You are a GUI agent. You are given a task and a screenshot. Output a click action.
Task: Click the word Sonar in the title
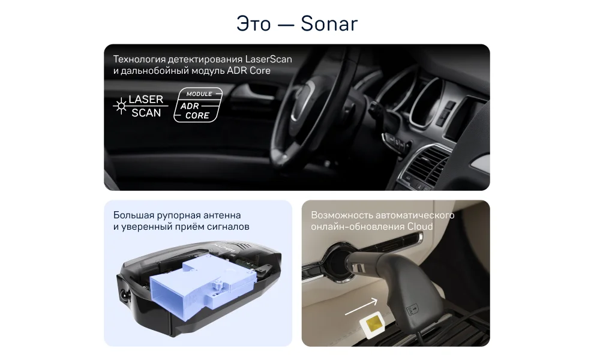coord(329,24)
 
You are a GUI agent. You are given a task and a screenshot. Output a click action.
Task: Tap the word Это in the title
coord(253,24)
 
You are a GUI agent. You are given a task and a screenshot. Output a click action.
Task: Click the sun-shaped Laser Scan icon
coord(121,106)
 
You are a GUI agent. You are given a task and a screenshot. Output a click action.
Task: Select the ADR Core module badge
coord(198,105)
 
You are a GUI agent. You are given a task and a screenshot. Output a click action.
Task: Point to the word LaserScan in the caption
coord(269,59)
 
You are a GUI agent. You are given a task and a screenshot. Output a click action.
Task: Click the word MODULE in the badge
coord(199,94)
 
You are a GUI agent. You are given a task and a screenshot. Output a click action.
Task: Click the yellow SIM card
coord(371,325)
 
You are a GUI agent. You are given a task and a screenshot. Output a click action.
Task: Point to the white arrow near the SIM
coord(361,307)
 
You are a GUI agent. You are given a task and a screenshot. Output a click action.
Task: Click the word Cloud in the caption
coord(420,227)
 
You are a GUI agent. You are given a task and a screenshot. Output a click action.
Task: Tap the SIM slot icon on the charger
coord(412,310)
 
